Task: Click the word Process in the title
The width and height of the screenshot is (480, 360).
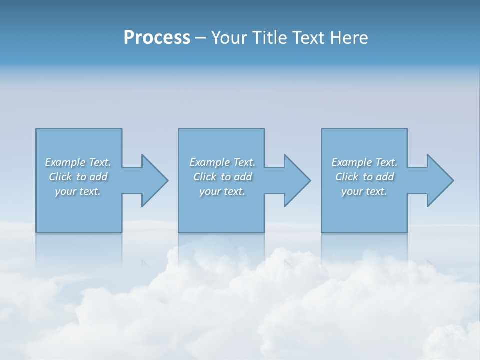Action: tap(157, 38)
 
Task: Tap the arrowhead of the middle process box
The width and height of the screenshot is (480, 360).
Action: tap(296, 180)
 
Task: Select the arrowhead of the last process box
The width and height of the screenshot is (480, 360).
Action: tap(439, 180)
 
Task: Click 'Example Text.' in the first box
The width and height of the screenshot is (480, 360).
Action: tap(78, 162)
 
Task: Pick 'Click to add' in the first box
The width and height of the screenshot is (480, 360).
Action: tap(78, 177)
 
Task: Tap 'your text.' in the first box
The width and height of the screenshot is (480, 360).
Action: tap(78, 191)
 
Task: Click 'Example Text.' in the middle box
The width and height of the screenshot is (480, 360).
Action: tap(222, 162)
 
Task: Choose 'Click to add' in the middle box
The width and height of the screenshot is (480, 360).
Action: tap(222, 177)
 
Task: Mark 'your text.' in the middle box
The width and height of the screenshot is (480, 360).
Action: tap(222, 191)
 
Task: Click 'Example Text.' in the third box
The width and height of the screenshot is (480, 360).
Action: tap(364, 162)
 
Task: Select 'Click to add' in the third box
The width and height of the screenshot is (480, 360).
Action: tap(365, 177)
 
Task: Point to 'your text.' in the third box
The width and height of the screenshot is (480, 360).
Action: tap(364, 191)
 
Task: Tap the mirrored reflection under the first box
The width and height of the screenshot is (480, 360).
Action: tap(79, 250)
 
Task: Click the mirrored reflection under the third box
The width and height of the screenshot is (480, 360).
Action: tap(364, 250)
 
